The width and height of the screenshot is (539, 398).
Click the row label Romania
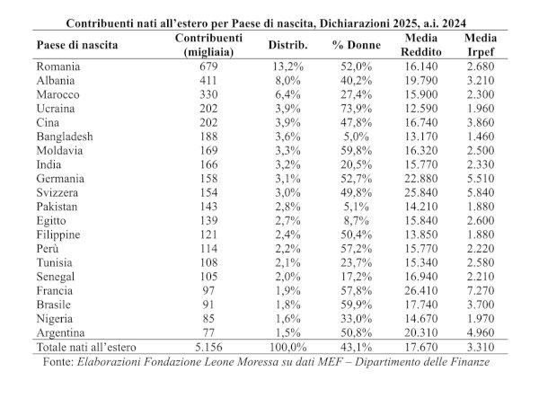pyautogui.click(x=58, y=66)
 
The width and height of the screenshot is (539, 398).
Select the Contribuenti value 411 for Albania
pyautogui.click(x=208, y=81)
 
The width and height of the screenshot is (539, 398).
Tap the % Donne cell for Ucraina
pyautogui.click(x=356, y=109)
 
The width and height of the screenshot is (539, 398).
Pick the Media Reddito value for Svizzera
pyautogui.click(x=421, y=192)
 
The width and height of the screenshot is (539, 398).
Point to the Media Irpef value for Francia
pyautogui.click(x=481, y=291)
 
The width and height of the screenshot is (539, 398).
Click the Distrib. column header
pyautogui.click(x=287, y=45)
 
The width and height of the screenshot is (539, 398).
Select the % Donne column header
pyautogui.click(x=356, y=45)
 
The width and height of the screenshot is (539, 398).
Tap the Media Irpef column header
pyautogui.click(x=481, y=45)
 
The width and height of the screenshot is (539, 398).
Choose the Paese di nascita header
pyautogui.click(x=77, y=45)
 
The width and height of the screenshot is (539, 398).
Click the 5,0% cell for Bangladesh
pyautogui.click(x=356, y=137)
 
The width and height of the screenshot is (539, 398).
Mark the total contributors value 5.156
pyautogui.click(x=208, y=347)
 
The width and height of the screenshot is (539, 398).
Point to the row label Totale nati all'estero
pyautogui.click(x=86, y=347)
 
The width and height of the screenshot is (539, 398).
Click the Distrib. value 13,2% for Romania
pyautogui.click(x=287, y=66)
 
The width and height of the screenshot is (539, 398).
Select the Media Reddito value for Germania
pyautogui.click(x=421, y=179)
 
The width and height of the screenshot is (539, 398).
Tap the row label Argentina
pyautogui.click(x=60, y=332)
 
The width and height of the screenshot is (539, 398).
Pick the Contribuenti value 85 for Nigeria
pyautogui.click(x=208, y=319)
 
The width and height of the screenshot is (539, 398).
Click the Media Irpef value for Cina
pyautogui.click(x=481, y=122)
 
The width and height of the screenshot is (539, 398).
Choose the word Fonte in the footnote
pyautogui.click(x=58, y=362)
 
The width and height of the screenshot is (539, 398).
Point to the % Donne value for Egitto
pyautogui.click(x=356, y=221)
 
